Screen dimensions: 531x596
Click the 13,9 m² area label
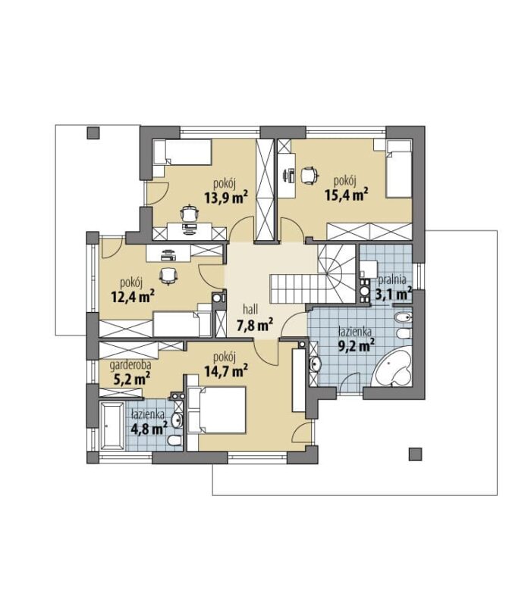tap(226, 197)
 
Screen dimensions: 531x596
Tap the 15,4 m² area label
tap(347, 194)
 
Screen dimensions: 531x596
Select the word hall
tap(251, 310)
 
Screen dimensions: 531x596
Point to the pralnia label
tap(392, 279)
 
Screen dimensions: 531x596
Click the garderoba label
tap(130, 365)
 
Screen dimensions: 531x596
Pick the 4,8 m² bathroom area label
tap(149, 429)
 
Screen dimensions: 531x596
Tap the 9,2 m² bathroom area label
tap(356, 345)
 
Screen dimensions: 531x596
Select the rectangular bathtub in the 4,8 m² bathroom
tap(112, 426)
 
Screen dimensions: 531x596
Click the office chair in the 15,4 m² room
tap(309, 175)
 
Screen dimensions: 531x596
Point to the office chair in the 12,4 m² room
tap(168, 275)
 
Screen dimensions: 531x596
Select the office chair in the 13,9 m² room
tap(189, 214)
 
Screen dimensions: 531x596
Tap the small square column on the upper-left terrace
tap(93, 133)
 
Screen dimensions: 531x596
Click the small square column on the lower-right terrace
tap(415, 454)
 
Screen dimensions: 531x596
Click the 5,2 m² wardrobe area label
tap(131, 379)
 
